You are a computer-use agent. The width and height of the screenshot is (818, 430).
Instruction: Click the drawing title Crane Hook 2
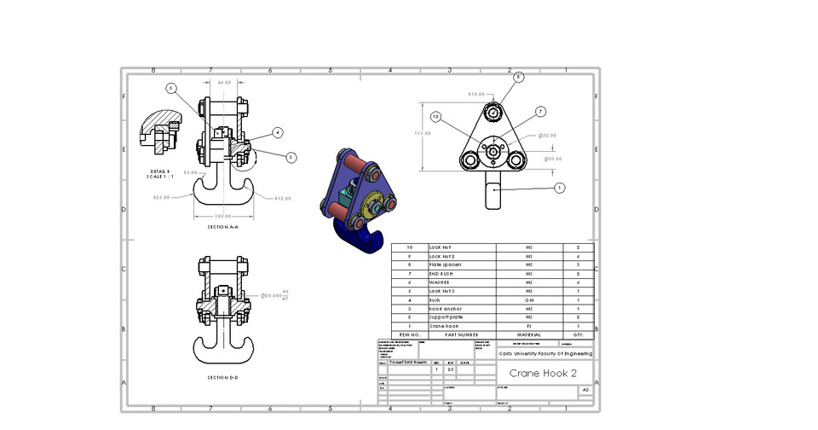click(x=543, y=374)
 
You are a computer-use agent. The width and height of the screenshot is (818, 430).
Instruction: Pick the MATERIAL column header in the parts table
click(x=528, y=335)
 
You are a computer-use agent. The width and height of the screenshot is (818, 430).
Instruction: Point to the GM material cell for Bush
click(x=528, y=300)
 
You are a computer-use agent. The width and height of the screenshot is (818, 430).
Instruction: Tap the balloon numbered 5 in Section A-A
click(x=171, y=88)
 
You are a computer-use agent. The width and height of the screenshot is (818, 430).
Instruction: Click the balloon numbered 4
click(x=278, y=132)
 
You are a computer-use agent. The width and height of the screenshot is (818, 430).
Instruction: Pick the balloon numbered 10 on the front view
click(x=435, y=116)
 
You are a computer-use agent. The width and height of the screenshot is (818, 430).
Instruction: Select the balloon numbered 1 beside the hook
click(x=559, y=188)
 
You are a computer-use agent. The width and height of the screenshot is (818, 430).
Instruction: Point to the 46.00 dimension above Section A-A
click(x=225, y=82)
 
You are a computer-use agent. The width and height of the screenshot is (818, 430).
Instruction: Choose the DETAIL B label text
click(x=160, y=172)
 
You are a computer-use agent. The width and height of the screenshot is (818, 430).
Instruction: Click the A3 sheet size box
click(x=585, y=390)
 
